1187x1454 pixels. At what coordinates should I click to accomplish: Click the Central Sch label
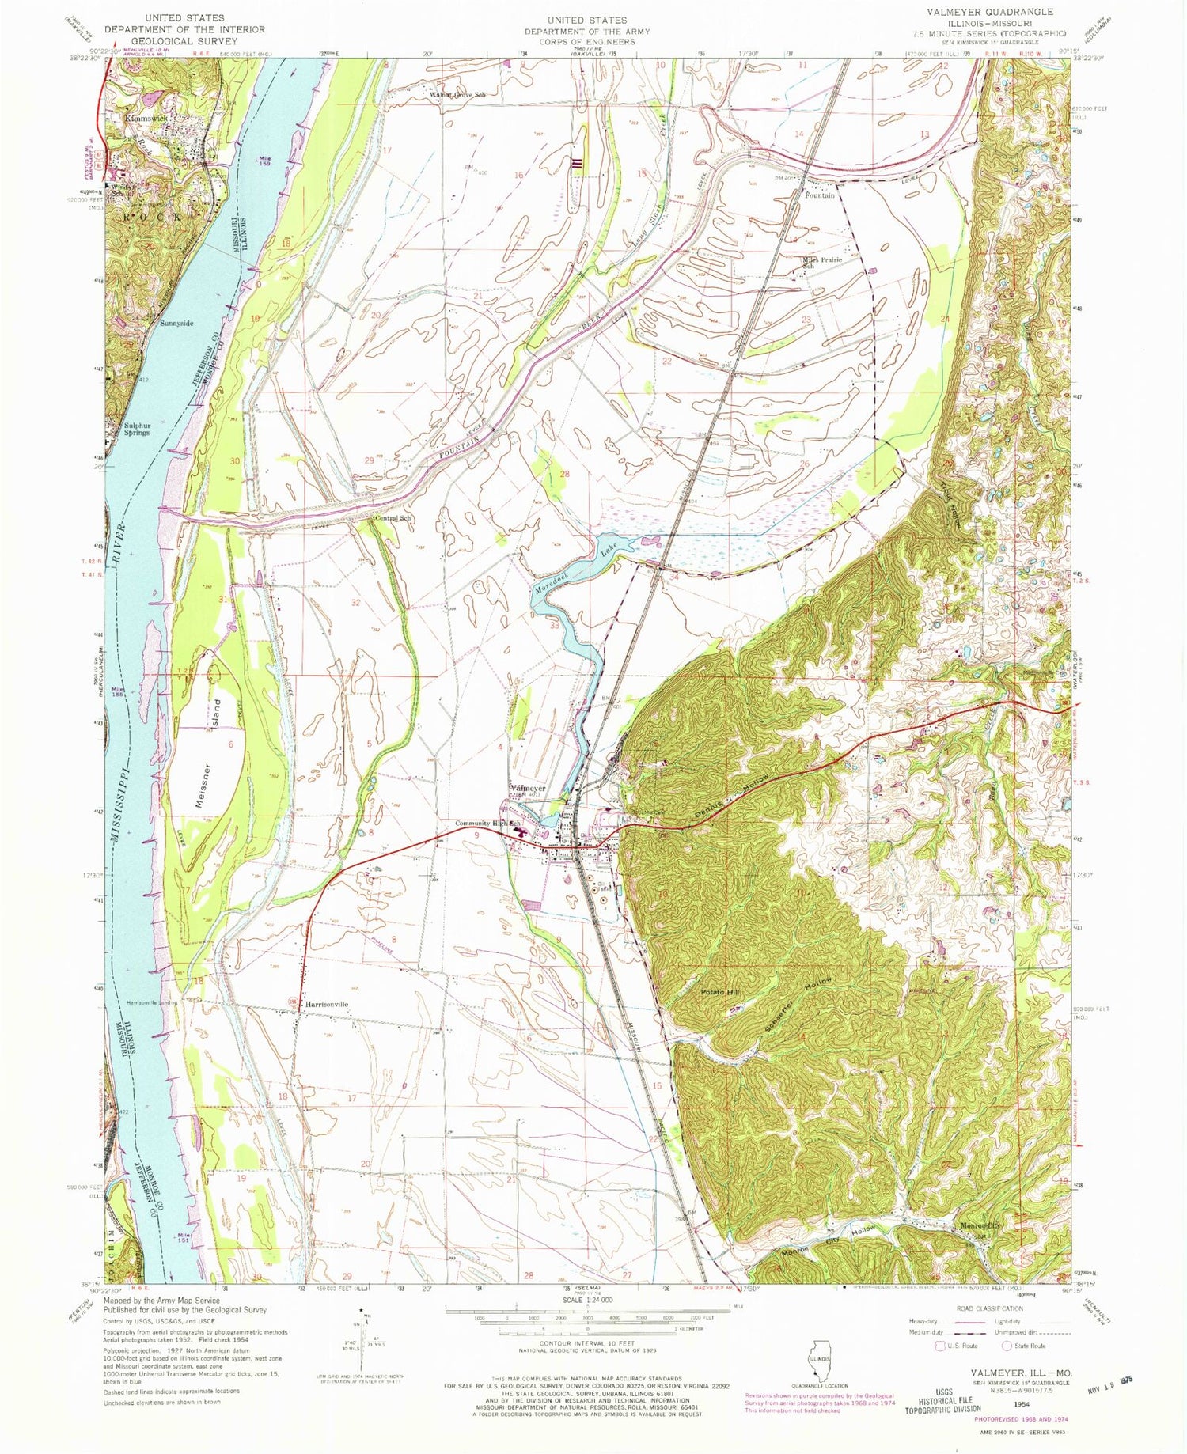(x=393, y=518)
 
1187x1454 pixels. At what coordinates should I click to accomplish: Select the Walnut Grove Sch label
(x=457, y=95)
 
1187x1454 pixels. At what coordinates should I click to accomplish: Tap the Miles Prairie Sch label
(x=820, y=263)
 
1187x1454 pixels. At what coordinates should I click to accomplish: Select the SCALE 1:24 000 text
(x=586, y=1300)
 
